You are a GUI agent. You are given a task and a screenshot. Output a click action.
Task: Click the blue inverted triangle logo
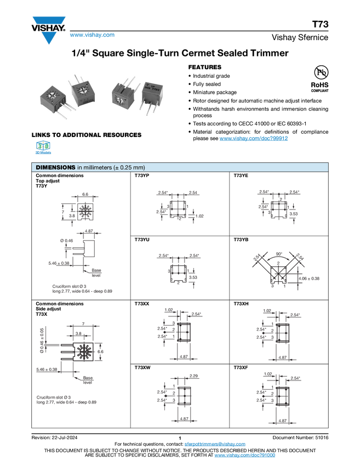click(49, 38)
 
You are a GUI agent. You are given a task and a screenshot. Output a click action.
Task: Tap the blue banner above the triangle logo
click(49, 21)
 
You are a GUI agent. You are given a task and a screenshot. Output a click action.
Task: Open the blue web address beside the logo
click(93, 36)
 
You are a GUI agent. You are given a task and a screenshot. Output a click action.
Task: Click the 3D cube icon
click(43, 146)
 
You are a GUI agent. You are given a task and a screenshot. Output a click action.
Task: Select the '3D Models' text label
click(43, 154)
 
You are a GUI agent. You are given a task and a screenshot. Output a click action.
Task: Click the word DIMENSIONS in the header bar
click(55, 167)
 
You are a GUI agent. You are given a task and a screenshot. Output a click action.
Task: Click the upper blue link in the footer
click(215, 444)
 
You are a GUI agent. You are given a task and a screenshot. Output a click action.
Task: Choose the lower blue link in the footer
click(244, 456)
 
